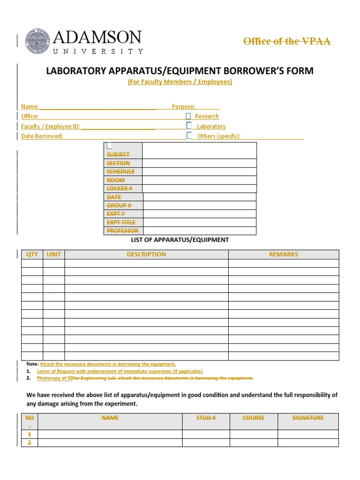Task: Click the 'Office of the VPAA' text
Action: (287, 41)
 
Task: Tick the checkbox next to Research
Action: (188, 116)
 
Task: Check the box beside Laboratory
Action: (189, 126)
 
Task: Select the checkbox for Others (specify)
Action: (189, 135)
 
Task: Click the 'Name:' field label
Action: (30, 107)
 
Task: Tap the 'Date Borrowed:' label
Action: (42, 136)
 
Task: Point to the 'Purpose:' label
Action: (183, 107)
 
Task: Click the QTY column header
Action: (32, 255)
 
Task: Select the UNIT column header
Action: (54, 255)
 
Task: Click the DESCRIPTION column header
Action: (146, 255)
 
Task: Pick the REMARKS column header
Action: (283, 255)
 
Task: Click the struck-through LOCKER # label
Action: (120, 188)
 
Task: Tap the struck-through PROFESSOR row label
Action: (122, 231)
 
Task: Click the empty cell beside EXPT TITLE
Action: (200, 222)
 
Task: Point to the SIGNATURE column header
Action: (308, 418)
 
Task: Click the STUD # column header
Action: (206, 418)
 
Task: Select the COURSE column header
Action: (254, 418)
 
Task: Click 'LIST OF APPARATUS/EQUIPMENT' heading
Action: (180, 240)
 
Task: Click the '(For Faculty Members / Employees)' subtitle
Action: (180, 82)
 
